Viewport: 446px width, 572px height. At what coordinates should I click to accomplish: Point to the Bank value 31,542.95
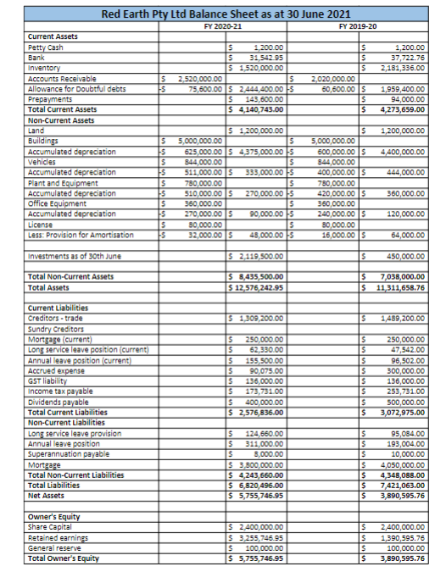coord(267,56)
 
